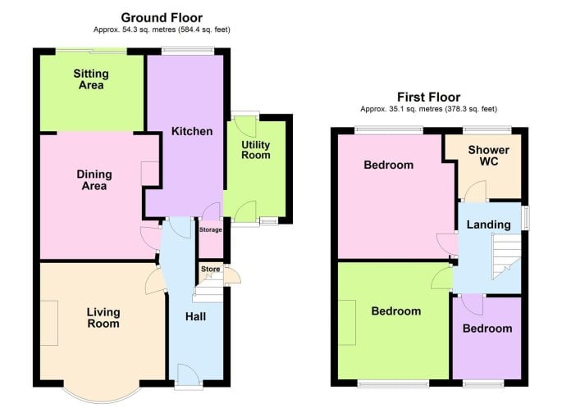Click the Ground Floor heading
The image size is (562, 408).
[162, 17]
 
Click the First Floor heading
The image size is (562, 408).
[428, 97]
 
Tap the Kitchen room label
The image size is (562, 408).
[192, 131]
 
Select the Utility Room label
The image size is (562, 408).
[255, 150]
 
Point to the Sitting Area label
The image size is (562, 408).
[91, 79]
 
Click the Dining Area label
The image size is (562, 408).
[94, 180]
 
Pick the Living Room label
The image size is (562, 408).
[103, 317]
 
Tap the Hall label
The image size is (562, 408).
[195, 316]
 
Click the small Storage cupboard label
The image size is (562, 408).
[210, 229]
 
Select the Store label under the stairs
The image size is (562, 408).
[210, 269]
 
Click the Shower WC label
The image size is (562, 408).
[488, 156]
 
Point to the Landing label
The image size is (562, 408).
[488, 224]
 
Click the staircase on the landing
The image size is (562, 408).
[505, 256]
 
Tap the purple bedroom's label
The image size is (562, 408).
[487, 329]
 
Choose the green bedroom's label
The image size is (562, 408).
[396, 311]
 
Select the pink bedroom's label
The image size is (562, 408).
[389, 165]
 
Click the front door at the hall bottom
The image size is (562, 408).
[189, 376]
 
